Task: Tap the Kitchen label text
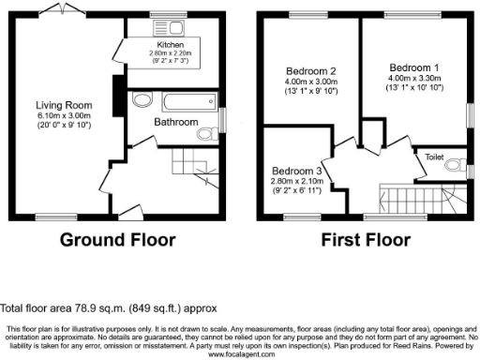click(x=170, y=44)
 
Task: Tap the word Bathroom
click(x=176, y=122)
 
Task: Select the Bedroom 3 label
click(x=296, y=171)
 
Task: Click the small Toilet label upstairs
click(x=435, y=157)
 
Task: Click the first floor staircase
click(x=403, y=198)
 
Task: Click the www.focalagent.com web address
click(x=240, y=354)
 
